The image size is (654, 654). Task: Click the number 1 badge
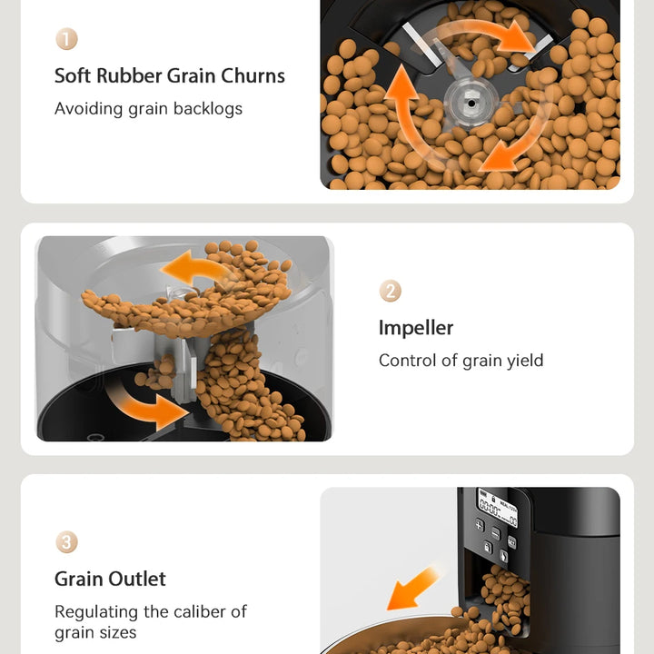coord(66,39)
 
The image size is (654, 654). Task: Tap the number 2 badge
coord(390,291)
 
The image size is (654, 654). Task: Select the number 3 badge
coord(66,542)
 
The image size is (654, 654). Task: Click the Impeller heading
coord(415,327)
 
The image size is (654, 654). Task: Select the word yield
coord(524,361)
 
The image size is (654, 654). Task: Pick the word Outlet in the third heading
coord(137,579)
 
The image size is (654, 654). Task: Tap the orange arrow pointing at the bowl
coord(413,590)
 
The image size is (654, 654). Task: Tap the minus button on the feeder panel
coord(496,531)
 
